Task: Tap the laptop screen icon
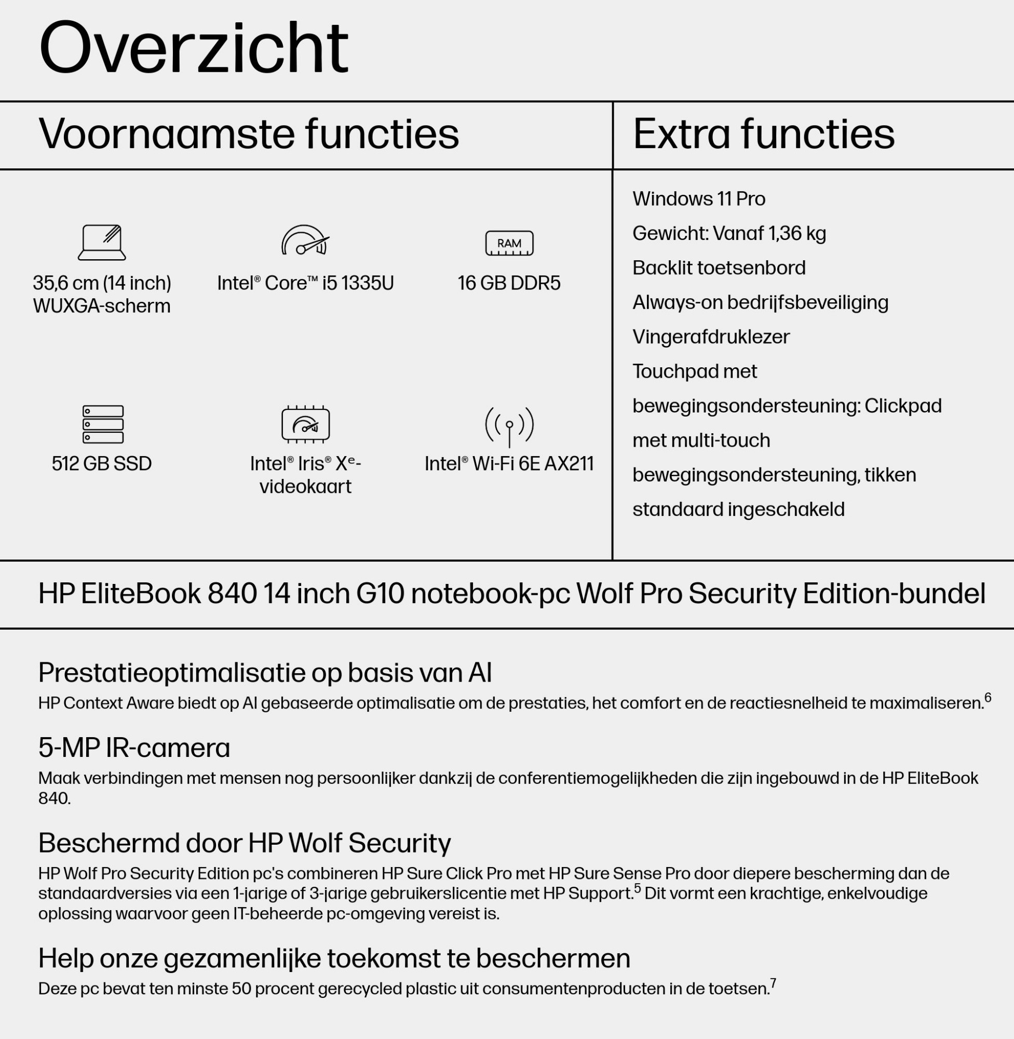tap(102, 243)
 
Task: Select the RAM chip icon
tap(509, 243)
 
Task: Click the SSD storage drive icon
tap(103, 424)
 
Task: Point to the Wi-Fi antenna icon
tap(509, 427)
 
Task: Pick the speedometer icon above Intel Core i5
tap(305, 241)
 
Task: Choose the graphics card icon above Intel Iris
tap(305, 424)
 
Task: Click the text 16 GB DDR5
tap(509, 283)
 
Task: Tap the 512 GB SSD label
tap(102, 463)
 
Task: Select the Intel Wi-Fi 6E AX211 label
tap(509, 463)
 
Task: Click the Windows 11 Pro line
tap(699, 199)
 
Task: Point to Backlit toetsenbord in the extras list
tap(719, 268)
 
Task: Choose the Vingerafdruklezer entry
tap(710, 337)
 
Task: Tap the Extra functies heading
tap(764, 134)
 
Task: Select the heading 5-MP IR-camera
tap(134, 748)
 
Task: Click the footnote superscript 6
tap(988, 698)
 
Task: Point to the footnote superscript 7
tap(773, 983)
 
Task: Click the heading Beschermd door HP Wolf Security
tap(245, 843)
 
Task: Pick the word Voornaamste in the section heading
tap(166, 134)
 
